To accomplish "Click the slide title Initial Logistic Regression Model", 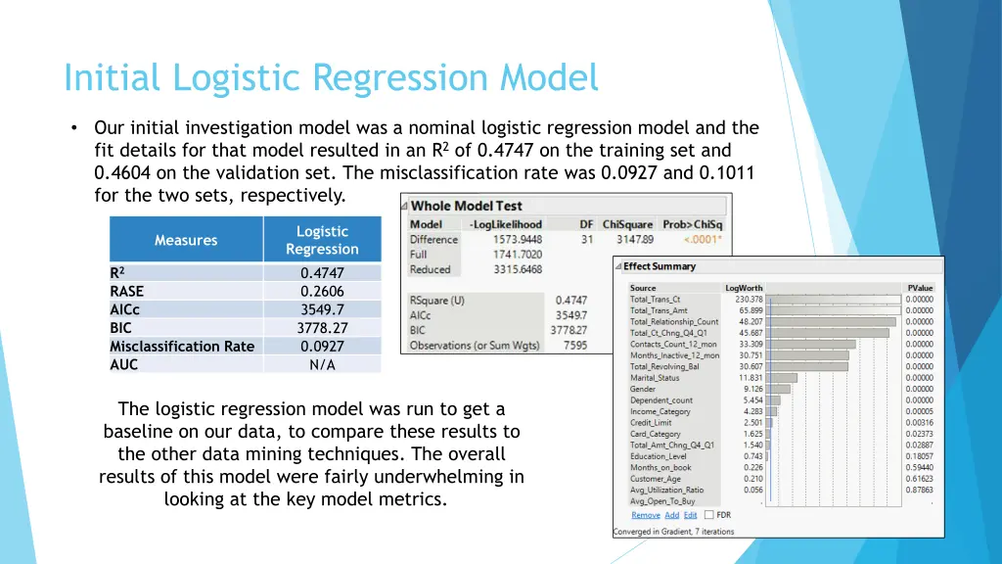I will coord(331,77).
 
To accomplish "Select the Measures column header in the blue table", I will coord(186,240).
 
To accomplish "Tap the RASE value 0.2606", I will coord(322,291).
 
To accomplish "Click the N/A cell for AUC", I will coord(322,364).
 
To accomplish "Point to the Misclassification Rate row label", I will coord(182,346).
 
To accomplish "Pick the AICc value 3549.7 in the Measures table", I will coord(322,309).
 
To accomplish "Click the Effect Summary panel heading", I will coord(660,266).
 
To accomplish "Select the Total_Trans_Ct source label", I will coord(655,300).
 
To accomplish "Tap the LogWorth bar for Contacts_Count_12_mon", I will coord(812,345).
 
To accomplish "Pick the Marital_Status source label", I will coord(655,378).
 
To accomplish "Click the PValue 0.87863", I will coord(919,490).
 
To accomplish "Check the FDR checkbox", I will coord(708,515).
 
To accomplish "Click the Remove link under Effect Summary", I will coord(645,515).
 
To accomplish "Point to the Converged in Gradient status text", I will coord(673,532).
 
